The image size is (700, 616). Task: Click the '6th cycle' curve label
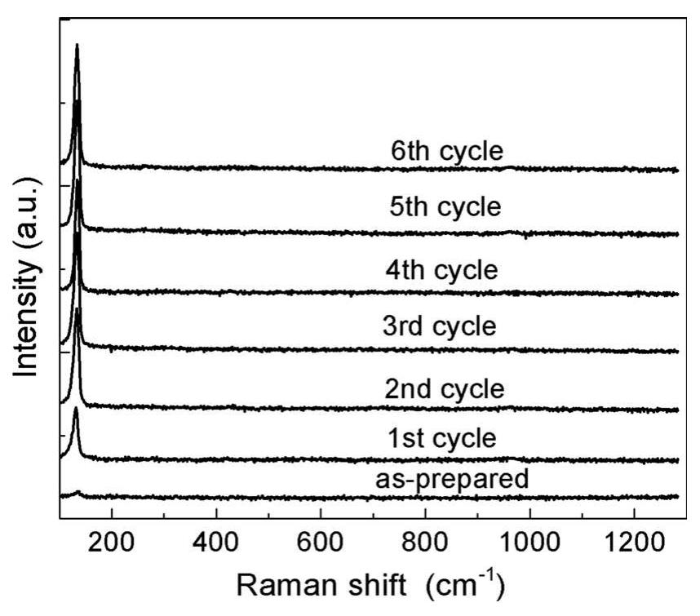(x=446, y=152)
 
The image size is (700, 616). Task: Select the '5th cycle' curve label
(x=445, y=207)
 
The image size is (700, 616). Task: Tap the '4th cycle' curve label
(x=441, y=268)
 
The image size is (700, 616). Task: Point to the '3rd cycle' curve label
(x=439, y=327)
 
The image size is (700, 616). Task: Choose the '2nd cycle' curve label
(x=445, y=389)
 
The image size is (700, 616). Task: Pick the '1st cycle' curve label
(x=441, y=438)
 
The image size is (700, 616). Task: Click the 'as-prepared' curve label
(x=452, y=479)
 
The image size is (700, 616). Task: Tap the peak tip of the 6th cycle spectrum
(x=77, y=46)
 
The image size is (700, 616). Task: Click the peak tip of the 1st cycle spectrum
(x=76, y=409)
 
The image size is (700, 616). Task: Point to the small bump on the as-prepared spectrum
(x=78, y=492)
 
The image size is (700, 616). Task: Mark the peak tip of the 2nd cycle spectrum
(x=78, y=309)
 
